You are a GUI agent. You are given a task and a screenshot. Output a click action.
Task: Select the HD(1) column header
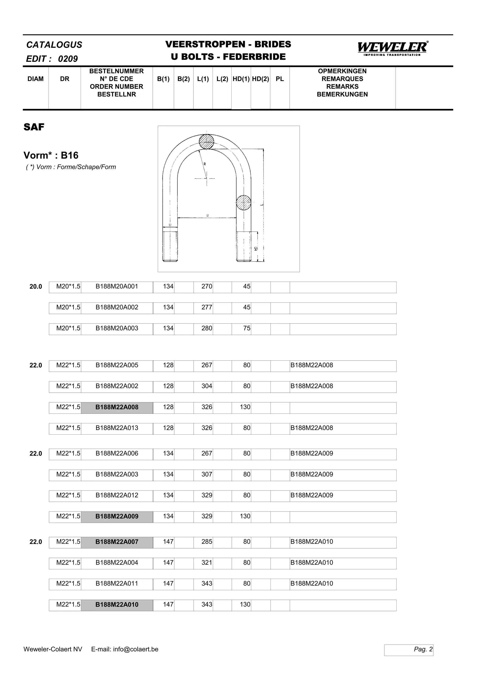241,79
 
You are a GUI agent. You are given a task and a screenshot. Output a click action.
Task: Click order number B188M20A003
117,328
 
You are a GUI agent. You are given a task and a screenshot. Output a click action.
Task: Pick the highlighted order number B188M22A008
117,407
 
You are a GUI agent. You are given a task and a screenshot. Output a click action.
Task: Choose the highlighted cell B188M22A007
117,542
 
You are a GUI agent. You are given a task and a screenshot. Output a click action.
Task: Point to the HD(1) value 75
247,328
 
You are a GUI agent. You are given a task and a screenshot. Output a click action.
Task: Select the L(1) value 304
207,386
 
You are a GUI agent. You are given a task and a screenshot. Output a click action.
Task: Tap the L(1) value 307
207,474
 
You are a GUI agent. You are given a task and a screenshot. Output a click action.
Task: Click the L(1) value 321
207,563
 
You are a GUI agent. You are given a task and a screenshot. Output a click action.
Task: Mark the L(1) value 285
207,542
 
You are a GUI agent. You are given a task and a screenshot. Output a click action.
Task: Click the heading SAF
34,127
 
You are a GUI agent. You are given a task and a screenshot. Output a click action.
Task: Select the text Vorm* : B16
51,156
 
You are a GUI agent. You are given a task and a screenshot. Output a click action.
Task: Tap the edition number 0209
68,59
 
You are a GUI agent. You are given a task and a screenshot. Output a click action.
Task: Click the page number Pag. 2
423,649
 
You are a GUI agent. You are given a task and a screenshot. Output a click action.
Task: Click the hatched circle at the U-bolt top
206,142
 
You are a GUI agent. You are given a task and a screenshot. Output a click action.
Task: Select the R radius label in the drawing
205,164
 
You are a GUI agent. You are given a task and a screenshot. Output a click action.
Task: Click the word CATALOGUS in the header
54,45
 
